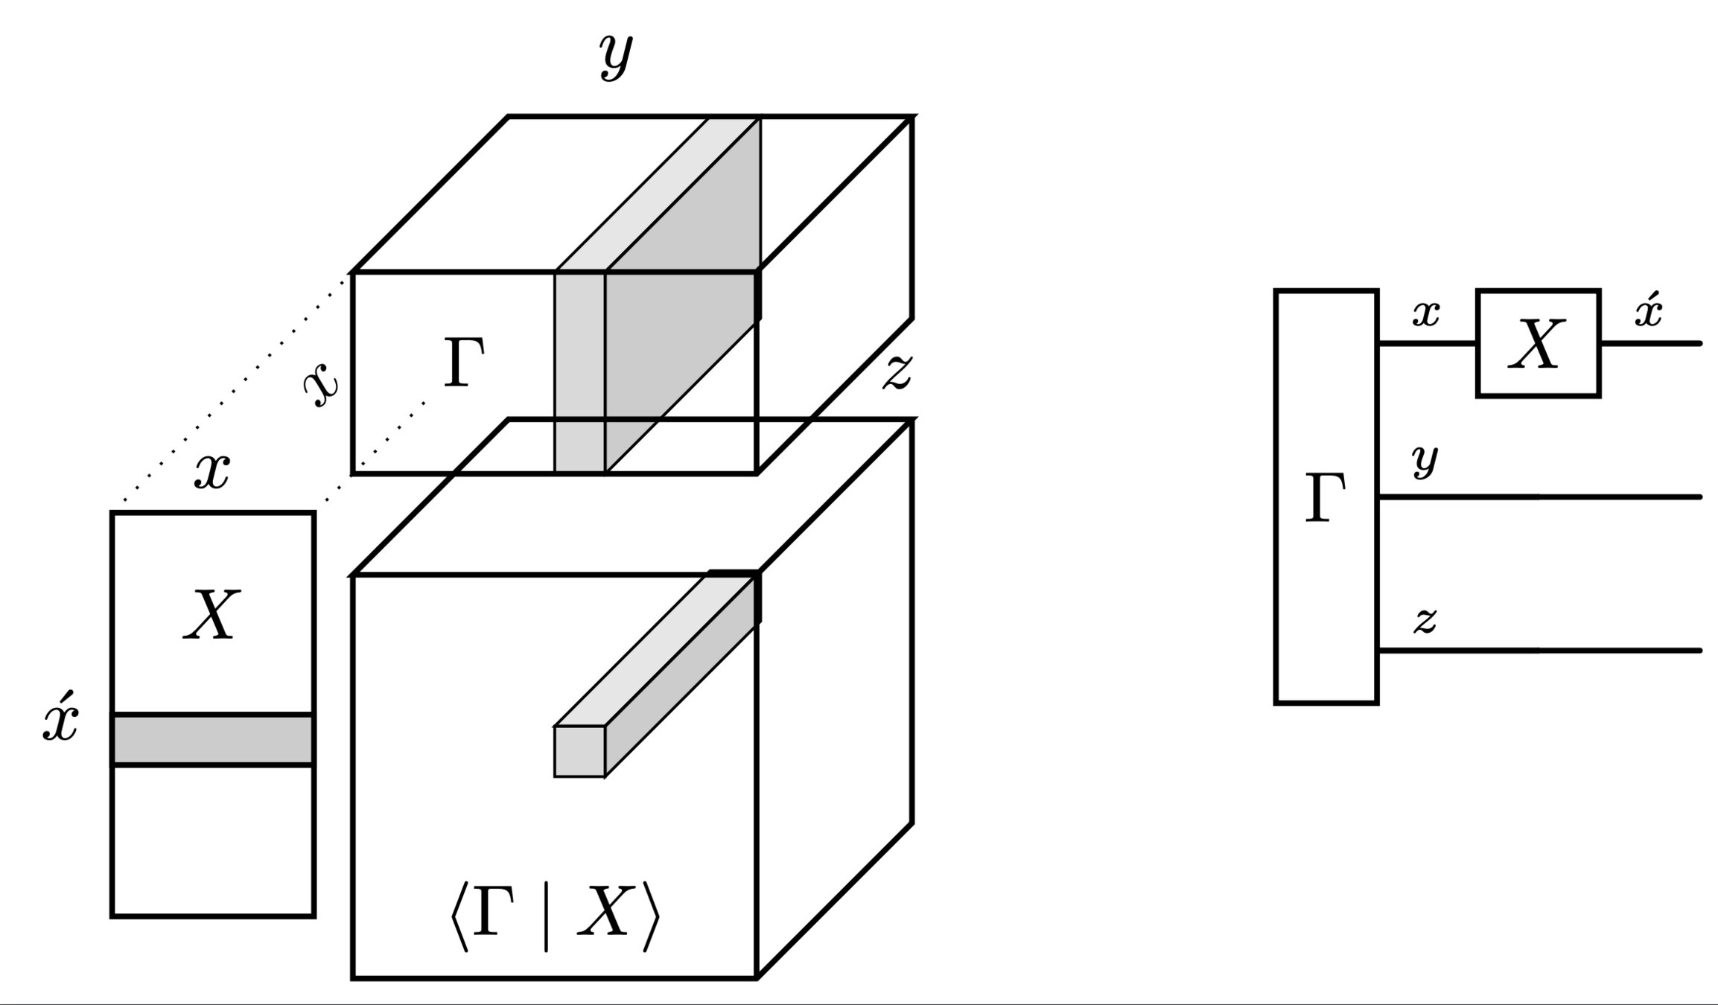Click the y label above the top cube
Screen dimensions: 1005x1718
pyautogui.click(x=616, y=56)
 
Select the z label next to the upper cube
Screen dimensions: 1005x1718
pyautogui.click(x=897, y=371)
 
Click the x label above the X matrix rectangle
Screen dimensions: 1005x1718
pyautogui.click(x=212, y=472)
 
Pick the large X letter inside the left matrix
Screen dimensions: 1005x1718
pyautogui.click(x=212, y=615)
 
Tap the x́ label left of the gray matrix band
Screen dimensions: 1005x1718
pyautogui.click(x=60, y=718)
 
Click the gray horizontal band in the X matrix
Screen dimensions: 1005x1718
pyautogui.click(x=213, y=740)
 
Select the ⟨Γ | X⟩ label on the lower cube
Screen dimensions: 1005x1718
pyautogui.click(x=554, y=916)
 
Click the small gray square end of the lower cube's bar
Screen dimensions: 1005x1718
pyautogui.click(x=579, y=752)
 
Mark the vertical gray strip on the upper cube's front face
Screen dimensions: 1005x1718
pyautogui.click(x=580, y=372)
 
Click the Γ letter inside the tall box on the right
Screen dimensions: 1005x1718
pyautogui.click(x=1326, y=497)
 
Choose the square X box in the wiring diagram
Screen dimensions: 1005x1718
pyautogui.click(x=1538, y=343)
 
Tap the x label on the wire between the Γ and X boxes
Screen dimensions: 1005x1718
pyautogui.click(x=1426, y=314)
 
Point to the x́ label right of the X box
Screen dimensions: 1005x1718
pyautogui.click(x=1649, y=311)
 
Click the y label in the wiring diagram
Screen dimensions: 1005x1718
pyautogui.click(x=1425, y=460)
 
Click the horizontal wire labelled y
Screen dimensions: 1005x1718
pyautogui.click(x=1542, y=497)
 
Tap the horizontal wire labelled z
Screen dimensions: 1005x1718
pyautogui.click(x=1542, y=651)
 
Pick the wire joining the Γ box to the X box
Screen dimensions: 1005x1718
pyautogui.click(x=1427, y=344)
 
